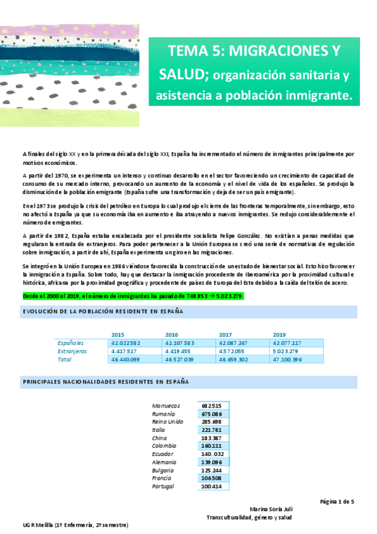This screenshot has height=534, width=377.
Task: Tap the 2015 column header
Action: pyautogui.click(x=117, y=334)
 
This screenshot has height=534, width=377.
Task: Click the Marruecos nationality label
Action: pyautogui.click(x=166, y=406)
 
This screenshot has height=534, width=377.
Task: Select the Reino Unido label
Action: pyautogui.click(x=167, y=422)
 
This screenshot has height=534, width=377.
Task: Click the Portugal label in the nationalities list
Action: pyautogui.click(x=164, y=487)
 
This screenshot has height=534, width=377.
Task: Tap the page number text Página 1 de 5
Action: pyautogui.click(x=337, y=501)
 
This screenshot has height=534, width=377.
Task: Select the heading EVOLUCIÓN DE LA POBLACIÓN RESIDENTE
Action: pyautogui.click(x=103, y=312)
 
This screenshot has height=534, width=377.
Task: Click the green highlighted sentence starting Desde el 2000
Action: pyautogui.click(x=133, y=296)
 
